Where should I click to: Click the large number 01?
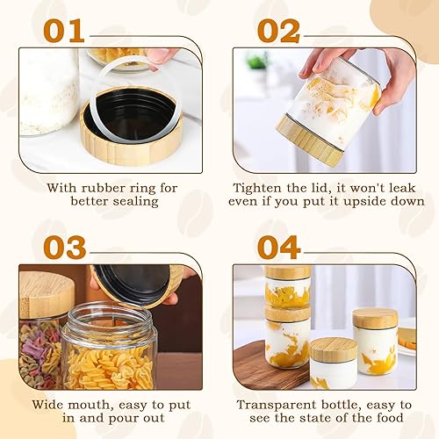(x=64, y=31)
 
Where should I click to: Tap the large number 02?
(x=278, y=31)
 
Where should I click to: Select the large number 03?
(x=65, y=248)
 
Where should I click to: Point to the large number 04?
(x=279, y=248)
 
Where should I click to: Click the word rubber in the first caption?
(x=99, y=188)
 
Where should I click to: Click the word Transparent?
(x=277, y=406)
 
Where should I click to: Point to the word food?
(x=390, y=418)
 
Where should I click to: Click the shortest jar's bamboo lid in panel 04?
(x=334, y=349)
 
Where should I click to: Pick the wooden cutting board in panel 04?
(x=270, y=366)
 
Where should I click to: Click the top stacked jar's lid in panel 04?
(x=288, y=272)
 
